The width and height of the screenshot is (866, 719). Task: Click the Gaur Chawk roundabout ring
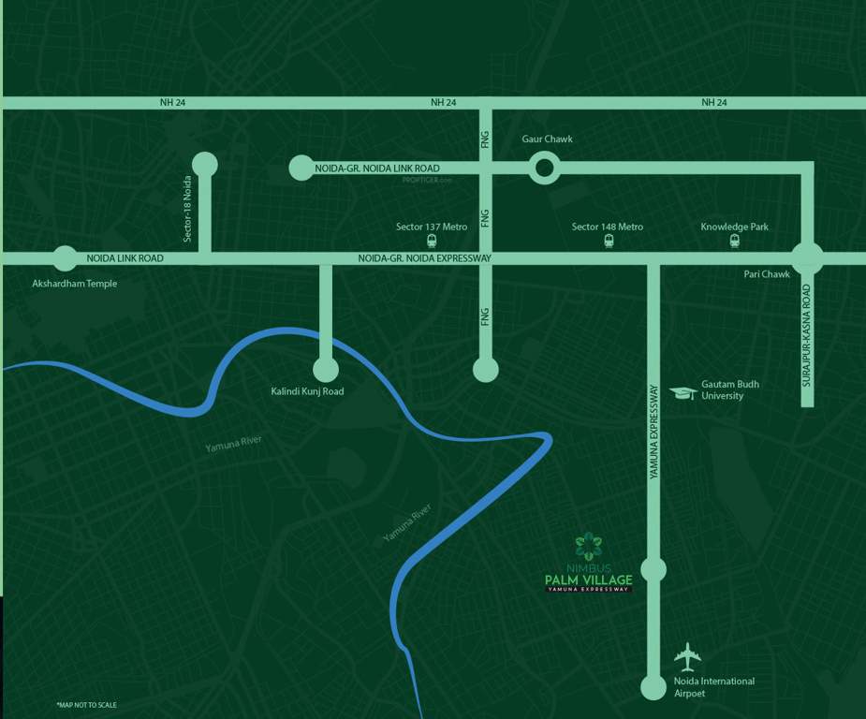(544, 169)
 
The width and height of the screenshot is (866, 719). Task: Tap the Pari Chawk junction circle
(807, 258)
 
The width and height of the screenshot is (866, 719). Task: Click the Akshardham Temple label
(75, 284)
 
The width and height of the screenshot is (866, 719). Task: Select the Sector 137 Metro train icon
(431, 241)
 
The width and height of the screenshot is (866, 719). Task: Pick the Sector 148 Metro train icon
(609, 241)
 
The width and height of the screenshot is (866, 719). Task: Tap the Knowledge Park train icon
(735, 241)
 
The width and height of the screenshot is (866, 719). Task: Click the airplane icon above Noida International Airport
(688, 655)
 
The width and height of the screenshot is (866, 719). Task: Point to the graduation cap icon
(684, 391)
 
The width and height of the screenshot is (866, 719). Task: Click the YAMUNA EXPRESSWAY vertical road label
(653, 433)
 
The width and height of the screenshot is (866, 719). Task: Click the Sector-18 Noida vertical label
(187, 209)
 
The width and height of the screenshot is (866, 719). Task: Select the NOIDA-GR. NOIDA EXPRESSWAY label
(424, 258)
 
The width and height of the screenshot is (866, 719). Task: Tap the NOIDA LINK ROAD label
(125, 258)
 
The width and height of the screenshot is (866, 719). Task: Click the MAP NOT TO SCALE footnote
(87, 704)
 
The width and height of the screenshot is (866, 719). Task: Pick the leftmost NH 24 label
(173, 102)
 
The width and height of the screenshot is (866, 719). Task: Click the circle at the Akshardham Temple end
(65, 258)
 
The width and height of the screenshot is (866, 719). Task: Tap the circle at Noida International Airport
(653, 687)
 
